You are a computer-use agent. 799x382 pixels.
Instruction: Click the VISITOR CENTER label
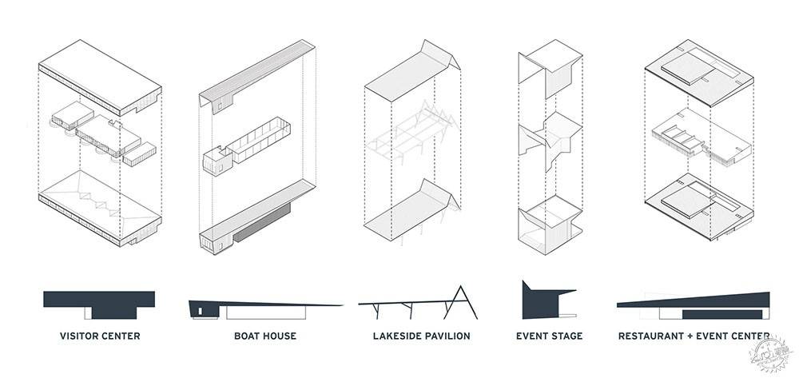(100, 336)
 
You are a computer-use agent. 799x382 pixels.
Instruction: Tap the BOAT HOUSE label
(264, 336)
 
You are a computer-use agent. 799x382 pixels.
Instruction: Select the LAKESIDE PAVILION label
(421, 336)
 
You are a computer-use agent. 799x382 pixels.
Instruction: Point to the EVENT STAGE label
(549, 336)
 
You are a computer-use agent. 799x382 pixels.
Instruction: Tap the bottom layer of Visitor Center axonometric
(100, 208)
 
